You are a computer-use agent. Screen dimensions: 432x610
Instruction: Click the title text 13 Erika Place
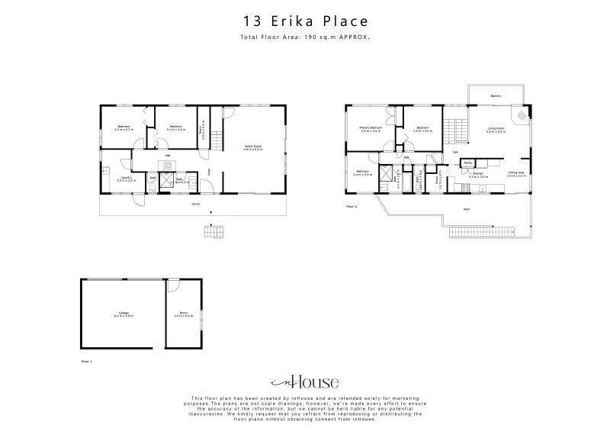pos(304,21)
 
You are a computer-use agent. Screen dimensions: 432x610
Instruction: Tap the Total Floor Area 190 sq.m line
pos(304,36)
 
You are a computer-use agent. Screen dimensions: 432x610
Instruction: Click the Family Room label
pos(253,147)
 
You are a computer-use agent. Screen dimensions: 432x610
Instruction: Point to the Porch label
pos(196,204)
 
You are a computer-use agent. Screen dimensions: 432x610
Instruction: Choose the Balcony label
pos(496,96)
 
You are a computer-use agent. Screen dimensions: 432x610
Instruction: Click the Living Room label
pos(496,130)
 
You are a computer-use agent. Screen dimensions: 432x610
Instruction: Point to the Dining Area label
pos(516,173)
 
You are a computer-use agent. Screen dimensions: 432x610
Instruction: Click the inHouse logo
pos(304,382)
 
